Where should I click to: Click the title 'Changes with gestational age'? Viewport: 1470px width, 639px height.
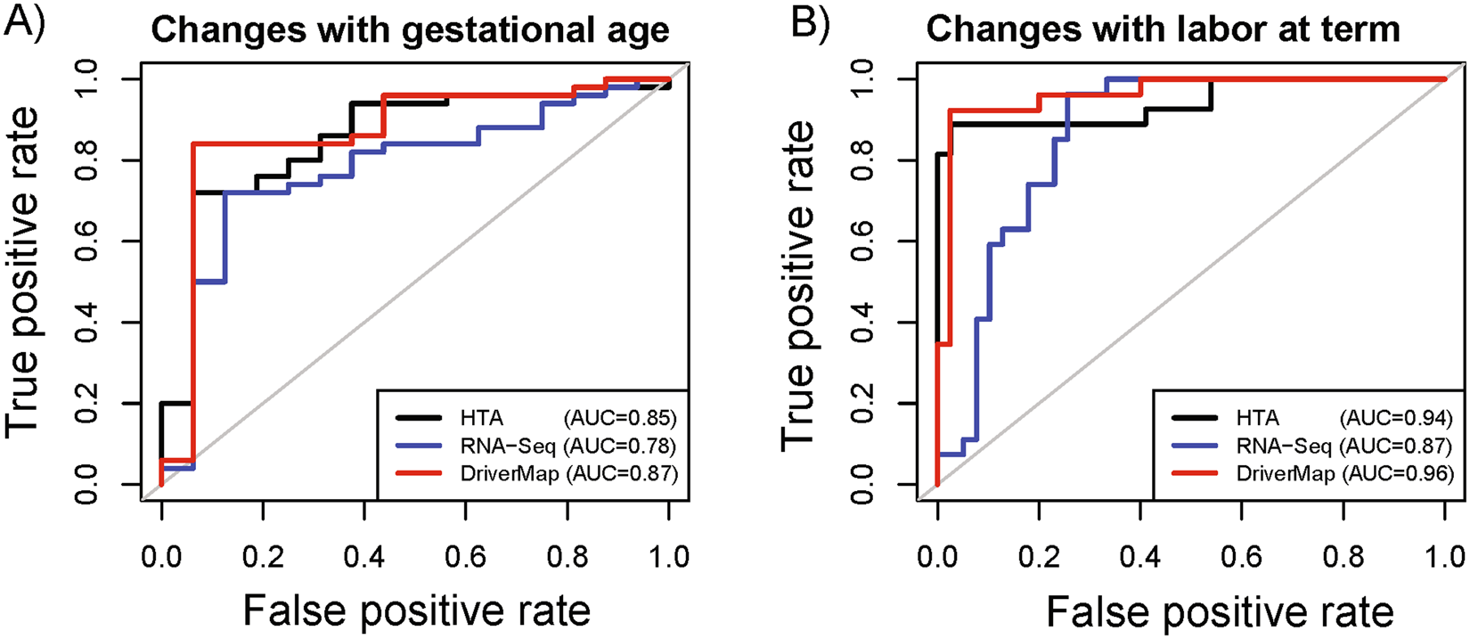410,30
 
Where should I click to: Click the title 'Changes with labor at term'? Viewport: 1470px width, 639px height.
1163,30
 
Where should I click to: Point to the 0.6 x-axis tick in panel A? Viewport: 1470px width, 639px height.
466,557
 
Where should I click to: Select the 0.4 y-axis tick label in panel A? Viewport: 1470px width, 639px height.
86,323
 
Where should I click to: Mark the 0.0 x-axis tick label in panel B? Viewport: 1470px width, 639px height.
937,557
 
